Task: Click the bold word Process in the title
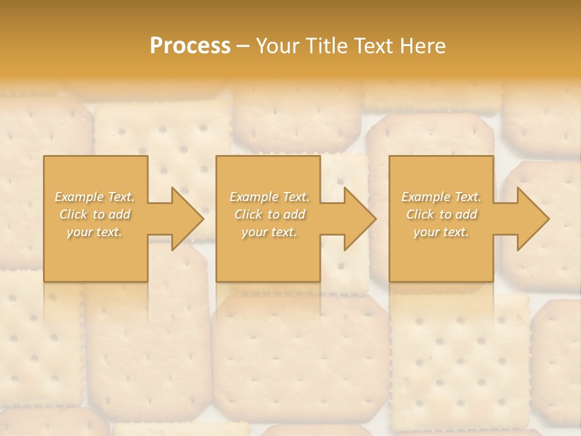click(x=190, y=45)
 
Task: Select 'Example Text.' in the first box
click(x=95, y=197)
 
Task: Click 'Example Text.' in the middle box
click(x=269, y=197)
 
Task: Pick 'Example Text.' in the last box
click(x=441, y=197)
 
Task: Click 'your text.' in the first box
click(x=95, y=232)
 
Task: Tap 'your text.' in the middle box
click(x=269, y=232)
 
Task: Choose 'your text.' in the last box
click(x=441, y=232)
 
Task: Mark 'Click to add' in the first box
click(x=95, y=214)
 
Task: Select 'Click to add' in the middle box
click(x=269, y=214)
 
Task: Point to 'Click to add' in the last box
click(x=441, y=214)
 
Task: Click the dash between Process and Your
click(x=243, y=46)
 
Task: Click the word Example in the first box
click(x=78, y=197)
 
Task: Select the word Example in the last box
click(x=424, y=197)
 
